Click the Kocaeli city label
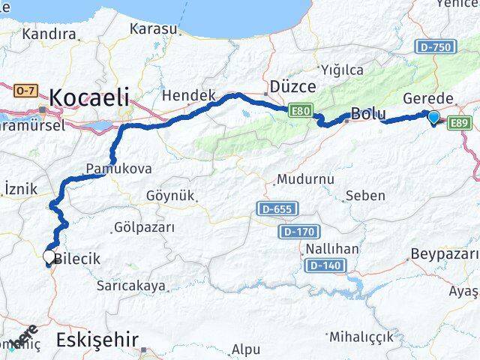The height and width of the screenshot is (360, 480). pyautogui.click(x=89, y=97)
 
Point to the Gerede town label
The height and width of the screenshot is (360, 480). pyautogui.click(x=428, y=98)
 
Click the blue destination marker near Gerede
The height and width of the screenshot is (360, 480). pyautogui.click(x=433, y=117)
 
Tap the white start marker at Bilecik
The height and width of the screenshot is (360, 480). pyautogui.click(x=49, y=257)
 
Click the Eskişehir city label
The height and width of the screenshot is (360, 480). pyautogui.click(x=97, y=340)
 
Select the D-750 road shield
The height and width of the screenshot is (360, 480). pyautogui.click(x=435, y=47)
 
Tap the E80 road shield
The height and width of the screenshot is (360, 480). pyautogui.click(x=301, y=112)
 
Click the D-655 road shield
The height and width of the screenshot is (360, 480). pyautogui.click(x=278, y=208)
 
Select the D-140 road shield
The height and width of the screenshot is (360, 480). pyautogui.click(x=324, y=265)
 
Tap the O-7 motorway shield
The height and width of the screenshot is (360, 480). pyautogui.click(x=25, y=91)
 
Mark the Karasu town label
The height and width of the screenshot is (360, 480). pyautogui.click(x=154, y=29)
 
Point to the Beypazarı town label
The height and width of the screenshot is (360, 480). pyautogui.click(x=445, y=253)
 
